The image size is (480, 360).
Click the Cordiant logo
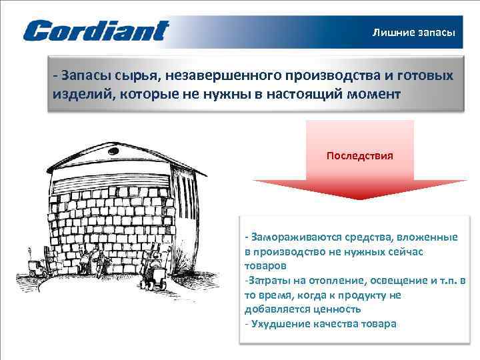point(96,31)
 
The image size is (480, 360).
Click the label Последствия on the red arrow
point(359,155)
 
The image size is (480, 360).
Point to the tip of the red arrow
point(359,199)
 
